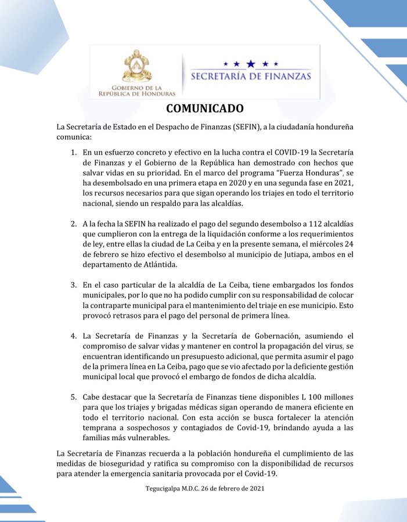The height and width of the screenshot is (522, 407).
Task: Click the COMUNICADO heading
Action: tap(204, 108)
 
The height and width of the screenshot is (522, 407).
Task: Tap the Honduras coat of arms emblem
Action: tap(137, 66)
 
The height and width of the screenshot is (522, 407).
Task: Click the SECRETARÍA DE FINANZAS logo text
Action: tap(250, 76)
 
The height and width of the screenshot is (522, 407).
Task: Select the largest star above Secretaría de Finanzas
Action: tap(250, 63)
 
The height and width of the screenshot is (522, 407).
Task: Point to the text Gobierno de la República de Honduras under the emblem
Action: tap(137, 90)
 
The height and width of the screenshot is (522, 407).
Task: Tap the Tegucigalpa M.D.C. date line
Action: tap(204, 488)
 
